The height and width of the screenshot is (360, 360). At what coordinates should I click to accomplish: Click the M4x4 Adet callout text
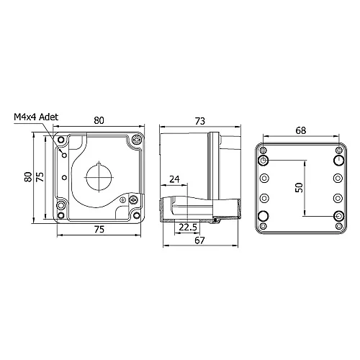(37, 116)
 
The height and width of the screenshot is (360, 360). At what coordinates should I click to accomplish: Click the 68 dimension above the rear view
(301, 130)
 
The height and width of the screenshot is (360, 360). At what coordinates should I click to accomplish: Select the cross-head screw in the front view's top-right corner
(135, 140)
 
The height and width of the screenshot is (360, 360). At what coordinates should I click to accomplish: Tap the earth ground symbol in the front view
(123, 199)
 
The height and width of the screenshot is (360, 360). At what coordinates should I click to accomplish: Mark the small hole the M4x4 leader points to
(64, 153)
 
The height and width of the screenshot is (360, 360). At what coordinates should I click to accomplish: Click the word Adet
(50, 116)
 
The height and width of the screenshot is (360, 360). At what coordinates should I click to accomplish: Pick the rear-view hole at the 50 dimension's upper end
(264, 160)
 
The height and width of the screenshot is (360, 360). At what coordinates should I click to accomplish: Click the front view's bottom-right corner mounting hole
(135, 213)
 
